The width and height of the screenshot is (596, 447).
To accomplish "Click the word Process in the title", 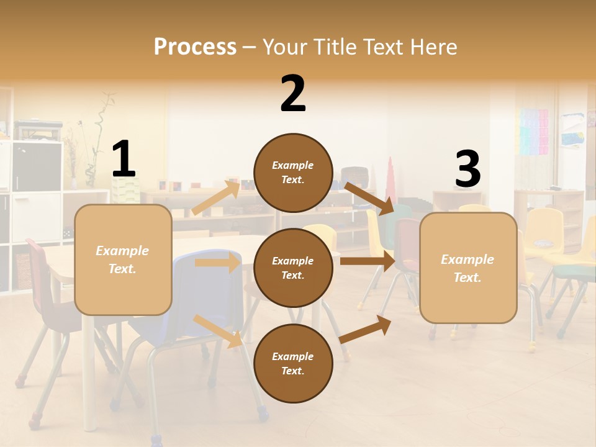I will click(195, 47).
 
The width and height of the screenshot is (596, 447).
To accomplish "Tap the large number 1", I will click(124, 159).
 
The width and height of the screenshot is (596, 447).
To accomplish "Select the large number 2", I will click(293, 93).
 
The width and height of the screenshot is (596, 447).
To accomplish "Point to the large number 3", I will click(467, 169).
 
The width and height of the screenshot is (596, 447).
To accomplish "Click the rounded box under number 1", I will click(123, 260).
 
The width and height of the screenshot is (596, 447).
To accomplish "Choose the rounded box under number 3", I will click(468, 268).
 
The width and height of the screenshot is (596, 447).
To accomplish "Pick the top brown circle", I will click(293, 172).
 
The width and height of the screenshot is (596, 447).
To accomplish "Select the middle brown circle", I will click(293, 268).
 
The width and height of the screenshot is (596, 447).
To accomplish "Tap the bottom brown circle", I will click(293, 363).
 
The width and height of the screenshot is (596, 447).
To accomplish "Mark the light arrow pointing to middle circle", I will click(217, 263).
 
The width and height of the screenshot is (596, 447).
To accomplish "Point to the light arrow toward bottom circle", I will click(218, 330).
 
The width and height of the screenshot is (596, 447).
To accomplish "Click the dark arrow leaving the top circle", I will click(369, 198).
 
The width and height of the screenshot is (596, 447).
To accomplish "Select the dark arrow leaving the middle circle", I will click(368, 261).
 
